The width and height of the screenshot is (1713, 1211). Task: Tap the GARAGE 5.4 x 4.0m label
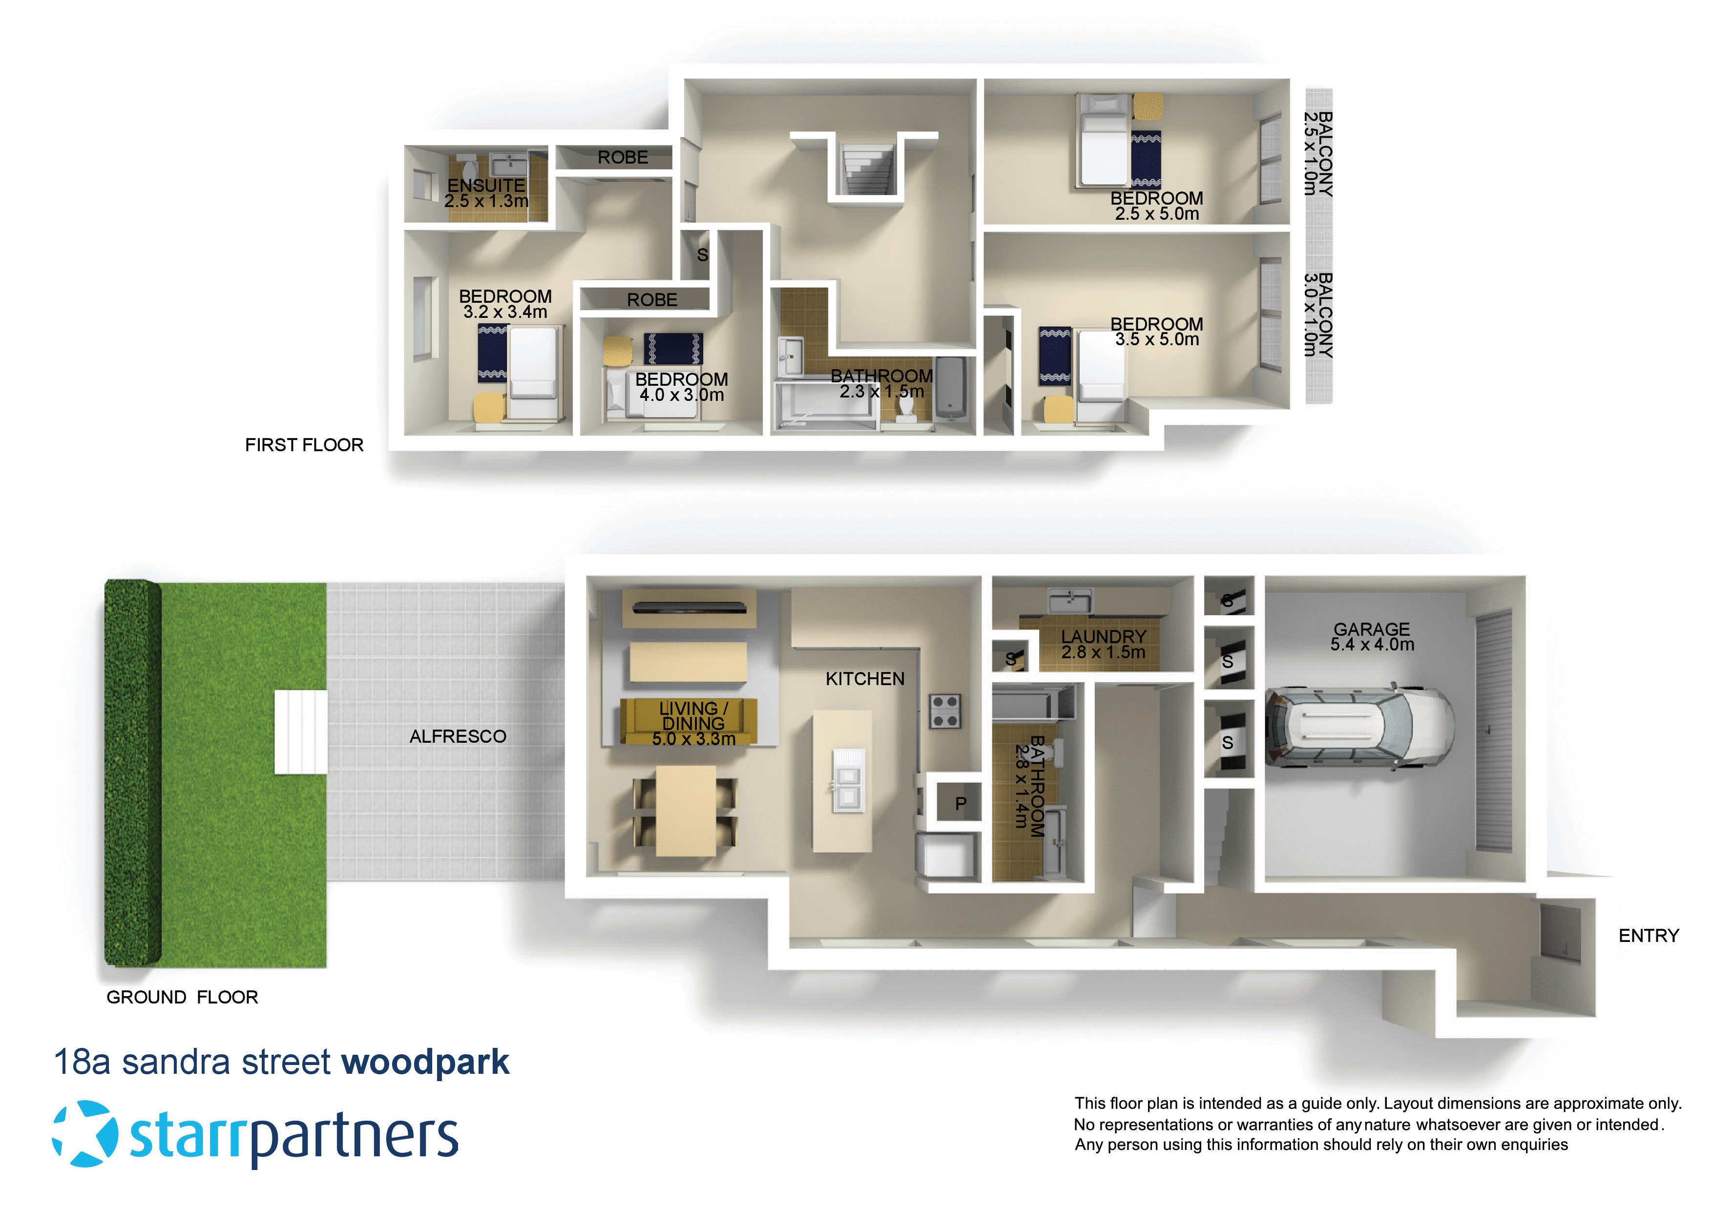pyautogui.click(x=1371, y=636)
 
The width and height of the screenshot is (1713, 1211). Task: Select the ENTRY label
pyautogui.click(x=1648, y=936)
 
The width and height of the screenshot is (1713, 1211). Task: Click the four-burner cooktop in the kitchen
pyautogui.click(x=944, y=710)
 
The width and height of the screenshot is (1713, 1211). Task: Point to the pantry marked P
pyautogui.click(x=960, y=804)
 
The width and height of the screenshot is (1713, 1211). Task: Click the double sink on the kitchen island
pyautogui.click(x=848, y=780)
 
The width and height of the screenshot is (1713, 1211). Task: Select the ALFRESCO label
pyautogui.click(x=458, y=736)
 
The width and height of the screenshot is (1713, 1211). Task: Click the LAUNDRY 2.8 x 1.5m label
pyautogui.click(x=1103, y=644)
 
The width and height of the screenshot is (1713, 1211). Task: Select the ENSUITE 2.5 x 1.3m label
pyautogui.click(x=486, y=192)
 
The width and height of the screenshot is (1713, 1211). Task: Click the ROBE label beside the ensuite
pyautogui.click(x=622, y=157)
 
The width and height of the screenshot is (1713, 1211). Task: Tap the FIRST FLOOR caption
pyautogui.click(x=304, y=445)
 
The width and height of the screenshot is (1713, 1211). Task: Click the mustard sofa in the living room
pyautogui.click(x=689, y=721)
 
